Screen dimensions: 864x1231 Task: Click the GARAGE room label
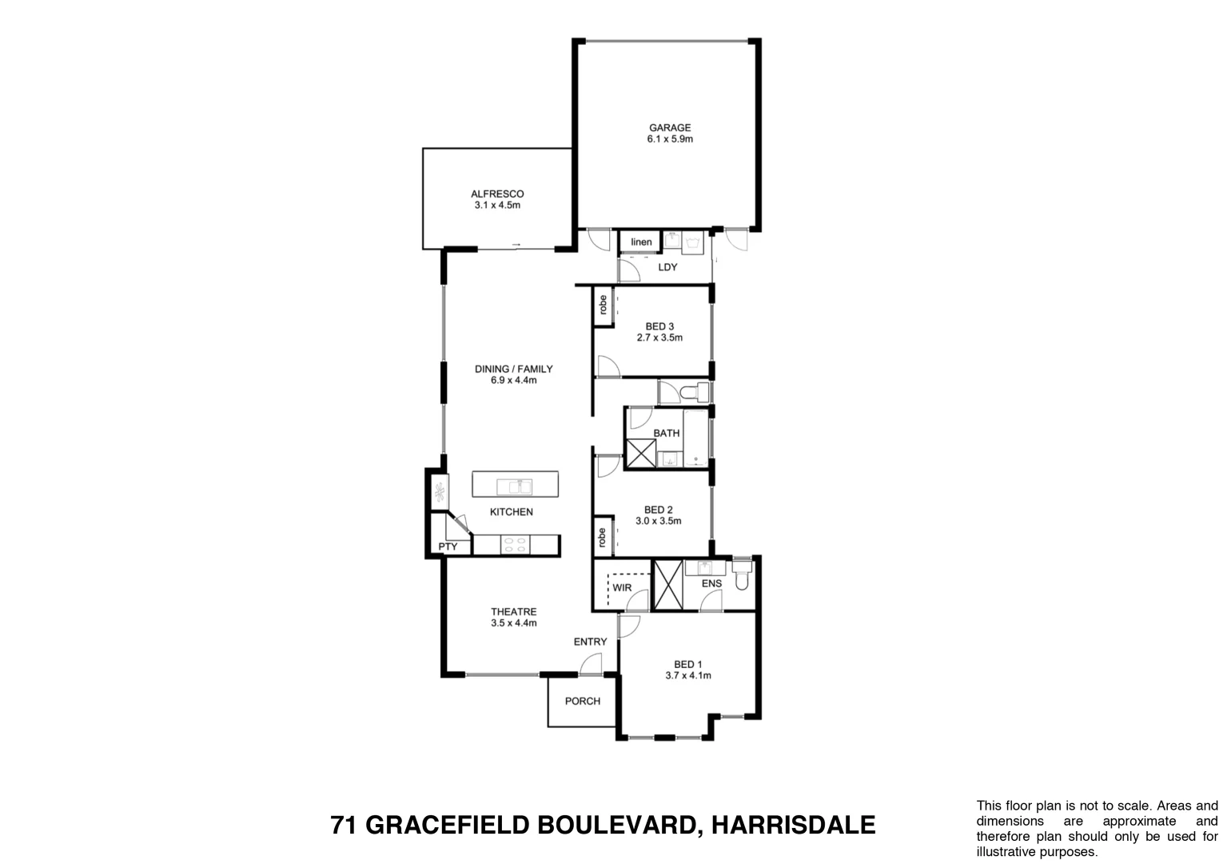[669, 127]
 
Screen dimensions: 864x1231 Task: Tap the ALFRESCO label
[496, 194]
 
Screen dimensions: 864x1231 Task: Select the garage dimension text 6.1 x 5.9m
[669, 139]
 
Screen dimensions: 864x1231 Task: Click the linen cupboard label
[641, 242]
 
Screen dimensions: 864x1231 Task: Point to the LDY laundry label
[667, 267]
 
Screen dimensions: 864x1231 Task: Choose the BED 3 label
[659, 326]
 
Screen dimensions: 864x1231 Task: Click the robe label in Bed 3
[602, 305]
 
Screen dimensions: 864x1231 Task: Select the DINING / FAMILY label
[513, 369]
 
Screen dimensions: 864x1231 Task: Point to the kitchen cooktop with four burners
[514, 545]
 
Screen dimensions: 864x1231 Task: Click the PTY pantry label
[448, 547]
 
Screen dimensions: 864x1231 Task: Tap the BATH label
[667, 433]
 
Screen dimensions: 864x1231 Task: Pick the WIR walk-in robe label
[622, 588]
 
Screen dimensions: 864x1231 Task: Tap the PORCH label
[582, 702]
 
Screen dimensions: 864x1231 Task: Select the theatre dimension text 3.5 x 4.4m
[513, 623]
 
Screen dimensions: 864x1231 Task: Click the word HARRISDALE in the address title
[793, 825]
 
